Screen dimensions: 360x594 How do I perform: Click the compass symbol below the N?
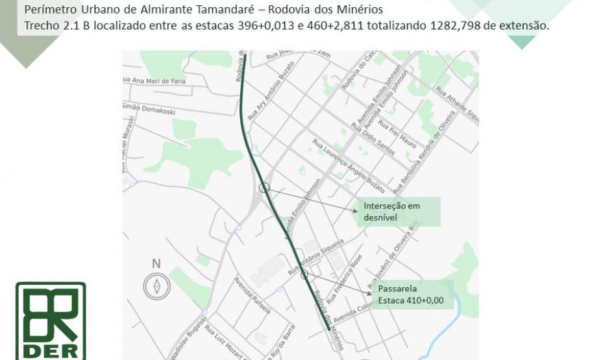coord(156,285)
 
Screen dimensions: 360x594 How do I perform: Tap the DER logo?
coord(51,320)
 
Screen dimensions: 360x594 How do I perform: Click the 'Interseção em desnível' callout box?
coord(397,211)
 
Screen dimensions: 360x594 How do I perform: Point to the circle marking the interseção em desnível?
coord(264,187)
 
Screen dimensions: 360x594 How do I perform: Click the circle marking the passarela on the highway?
coord(304,274)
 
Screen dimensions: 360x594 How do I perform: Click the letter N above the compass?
coord(156,263)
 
